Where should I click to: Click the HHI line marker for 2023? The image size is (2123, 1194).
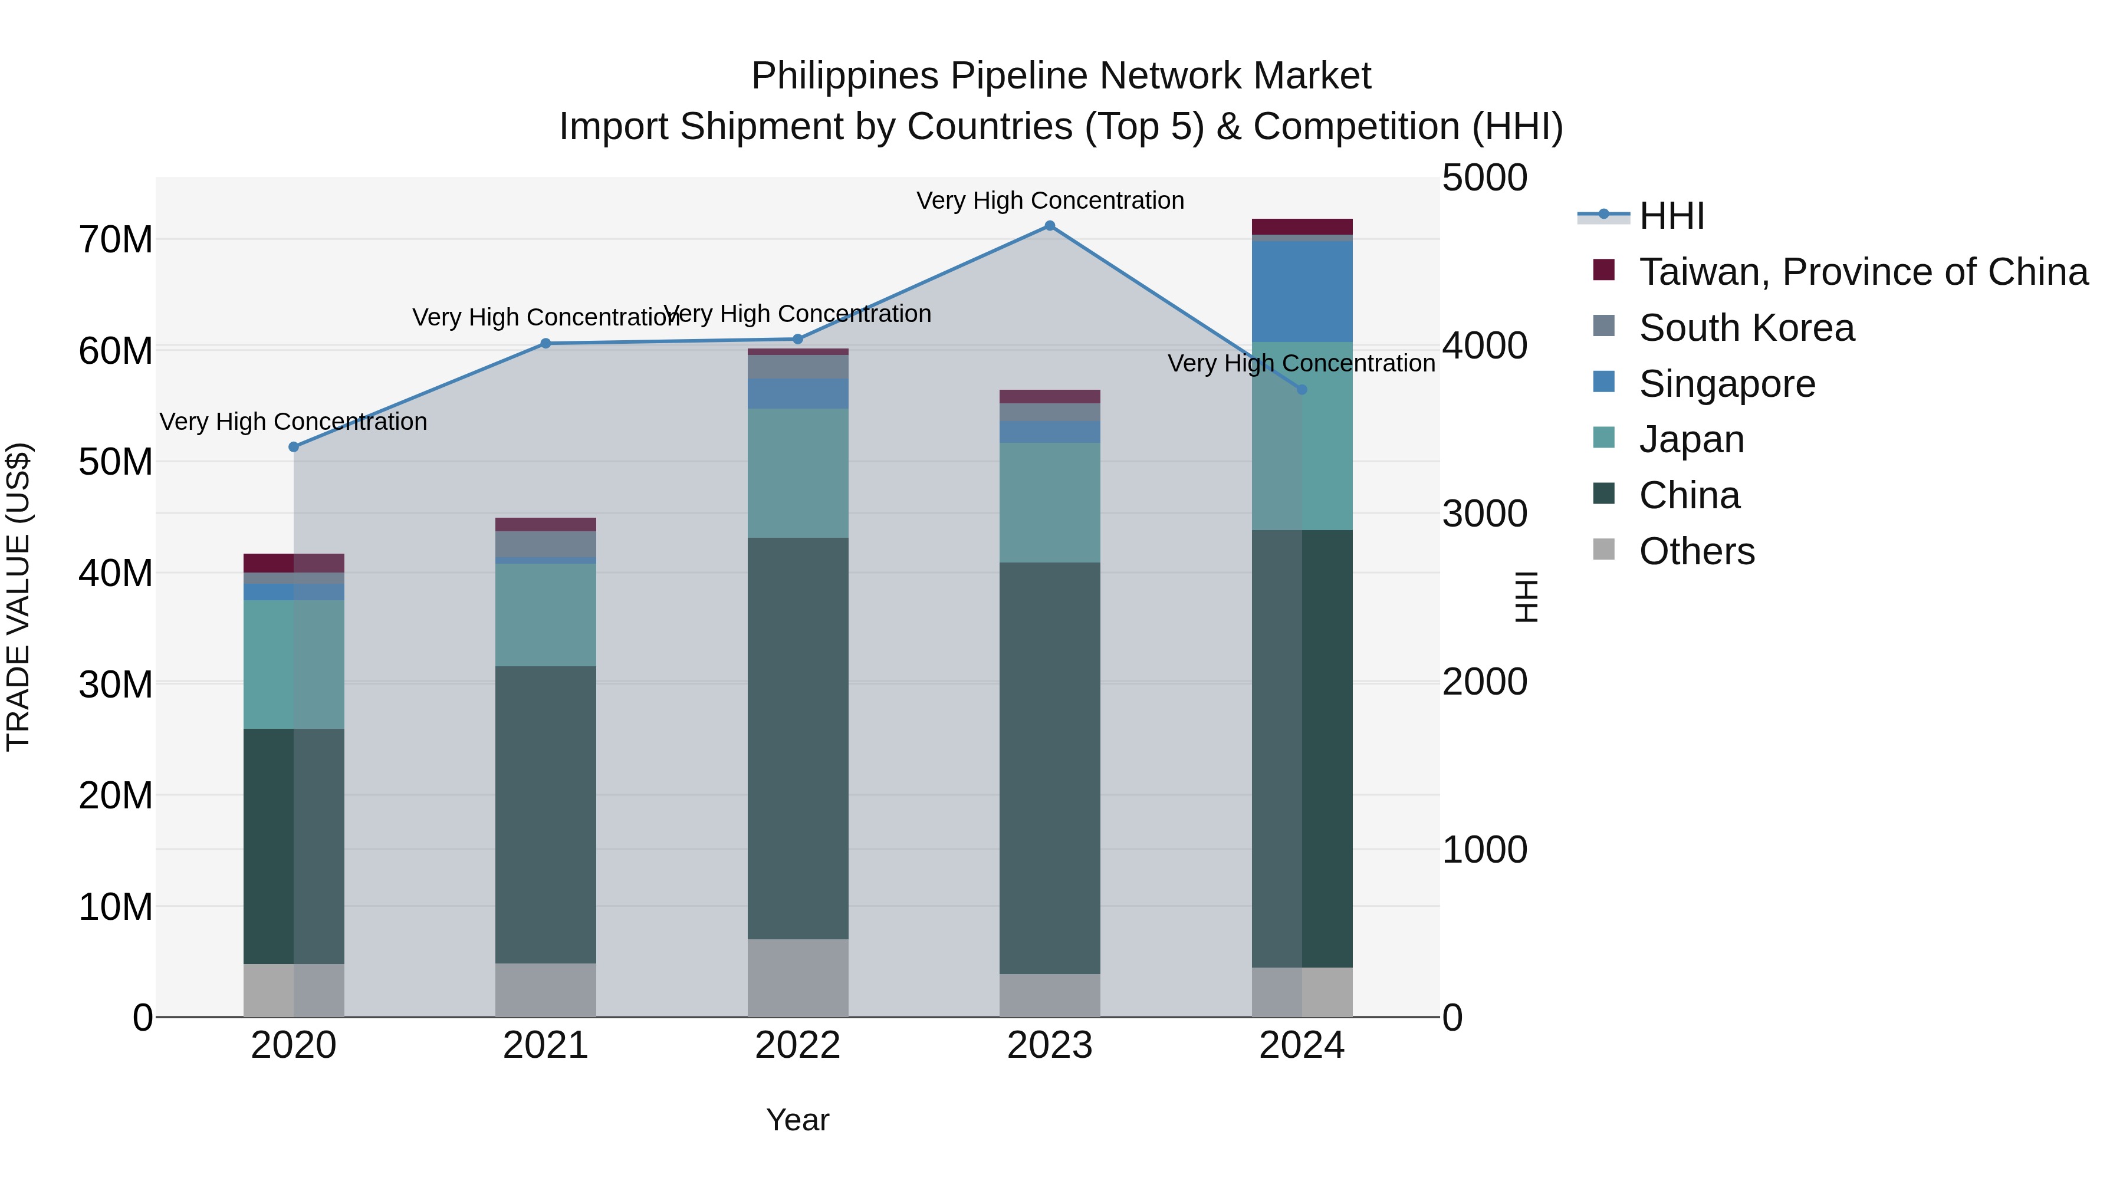point(1049,226)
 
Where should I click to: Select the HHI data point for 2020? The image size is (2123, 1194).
point(294,446)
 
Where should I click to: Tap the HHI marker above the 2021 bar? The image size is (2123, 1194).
point(545,344)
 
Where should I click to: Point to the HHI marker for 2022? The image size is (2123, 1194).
point(798,340)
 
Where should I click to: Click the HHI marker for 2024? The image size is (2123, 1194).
point(1302,390)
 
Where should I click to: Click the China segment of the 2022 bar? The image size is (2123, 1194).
point(798,738)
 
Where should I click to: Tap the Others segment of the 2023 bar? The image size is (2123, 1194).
point(1049,995)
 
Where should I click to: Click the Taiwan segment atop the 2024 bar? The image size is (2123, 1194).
point(1302,226)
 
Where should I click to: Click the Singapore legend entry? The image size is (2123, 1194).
point(1727,384)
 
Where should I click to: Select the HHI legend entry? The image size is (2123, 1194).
point(1671,216)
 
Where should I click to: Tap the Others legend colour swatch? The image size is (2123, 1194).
point(1604,549)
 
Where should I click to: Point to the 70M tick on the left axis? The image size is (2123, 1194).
point(116,240)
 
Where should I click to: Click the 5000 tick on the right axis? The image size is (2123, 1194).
point(1484,178)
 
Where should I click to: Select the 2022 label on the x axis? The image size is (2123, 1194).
point(798,1045)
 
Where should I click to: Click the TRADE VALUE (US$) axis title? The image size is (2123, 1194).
point(18,597)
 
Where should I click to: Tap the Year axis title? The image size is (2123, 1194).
point(798,1120)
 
